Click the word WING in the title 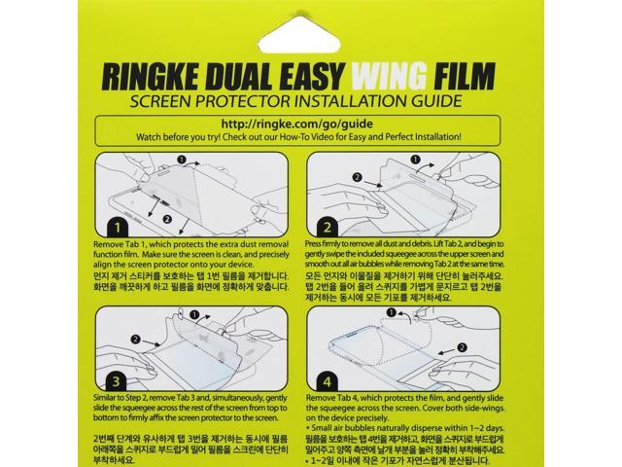click(x=409, y=77)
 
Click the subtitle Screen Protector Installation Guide click(x=311, y=102)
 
